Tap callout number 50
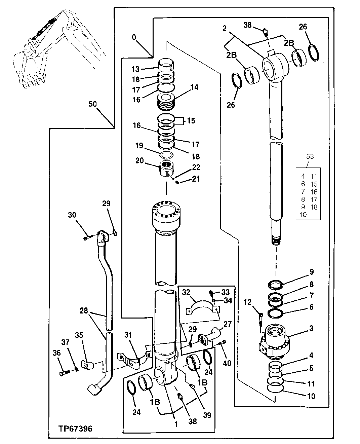pos(92,104)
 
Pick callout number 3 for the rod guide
pos(311,328)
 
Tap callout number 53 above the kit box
pos(310,156)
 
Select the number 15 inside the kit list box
pos(314,184)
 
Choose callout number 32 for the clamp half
pos(186,292)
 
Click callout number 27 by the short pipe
pos(227,324)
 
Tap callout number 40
pos(227,363)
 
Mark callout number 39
pos(207,415)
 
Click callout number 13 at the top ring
pos(135,69)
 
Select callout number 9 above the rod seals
pos(311,271)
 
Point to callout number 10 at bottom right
pos(311,396)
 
